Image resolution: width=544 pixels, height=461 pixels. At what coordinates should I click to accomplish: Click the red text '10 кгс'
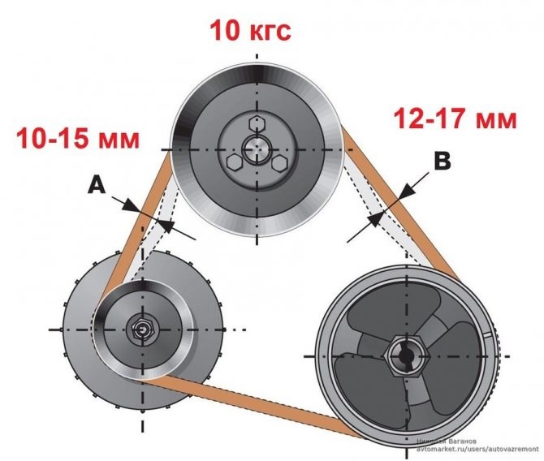(250, 30)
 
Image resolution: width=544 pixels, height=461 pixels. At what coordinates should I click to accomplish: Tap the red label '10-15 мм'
(77, 138)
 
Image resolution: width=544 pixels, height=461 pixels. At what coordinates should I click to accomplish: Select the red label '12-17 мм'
(455, 119)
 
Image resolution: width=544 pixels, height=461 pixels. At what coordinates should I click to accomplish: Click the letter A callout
(97, 187)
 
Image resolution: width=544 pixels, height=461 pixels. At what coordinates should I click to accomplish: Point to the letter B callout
(442, 162)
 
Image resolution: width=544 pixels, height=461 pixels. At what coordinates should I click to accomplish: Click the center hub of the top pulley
(257, 149)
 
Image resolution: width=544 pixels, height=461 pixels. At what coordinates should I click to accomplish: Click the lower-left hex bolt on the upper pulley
(235, 162)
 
